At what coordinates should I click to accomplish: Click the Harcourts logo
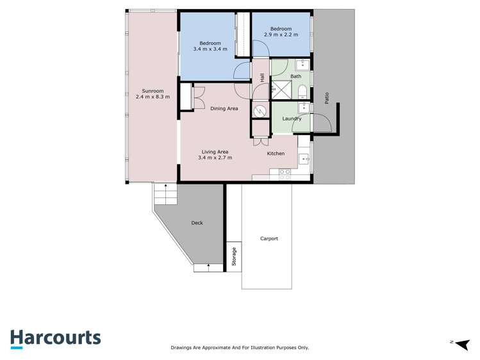click(55, 338)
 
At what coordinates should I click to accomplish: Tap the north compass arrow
click(460, 343)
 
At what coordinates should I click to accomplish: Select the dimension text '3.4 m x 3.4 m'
click(211, 49)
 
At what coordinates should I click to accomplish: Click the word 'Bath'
click(295, 76)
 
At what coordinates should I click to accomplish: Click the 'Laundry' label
click(292, 119)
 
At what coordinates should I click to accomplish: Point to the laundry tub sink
click(304, 108)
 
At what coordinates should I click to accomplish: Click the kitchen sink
click(304, 159)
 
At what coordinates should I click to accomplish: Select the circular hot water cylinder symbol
click(260, 111)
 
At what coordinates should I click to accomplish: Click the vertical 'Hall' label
click(263, 78)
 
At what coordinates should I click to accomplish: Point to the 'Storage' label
click(234, 256)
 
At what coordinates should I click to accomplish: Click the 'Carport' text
click(269, 238)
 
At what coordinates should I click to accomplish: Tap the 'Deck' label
click(197, 223)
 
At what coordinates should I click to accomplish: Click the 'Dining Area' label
click(224, 108)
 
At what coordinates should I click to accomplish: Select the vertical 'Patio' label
click(327, 98)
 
